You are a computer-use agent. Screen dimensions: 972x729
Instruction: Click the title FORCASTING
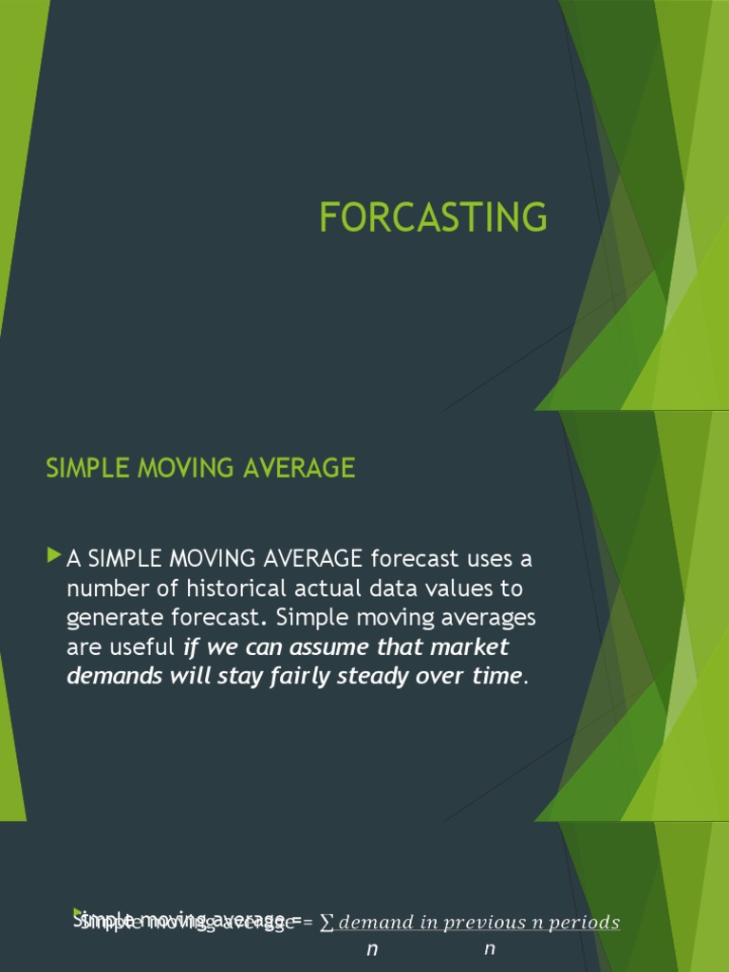433,217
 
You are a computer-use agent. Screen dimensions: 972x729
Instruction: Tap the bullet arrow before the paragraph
53,553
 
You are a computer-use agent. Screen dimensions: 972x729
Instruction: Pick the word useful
141,647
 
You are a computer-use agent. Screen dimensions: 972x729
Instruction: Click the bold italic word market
469,647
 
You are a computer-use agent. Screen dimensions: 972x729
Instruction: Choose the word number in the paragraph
102,588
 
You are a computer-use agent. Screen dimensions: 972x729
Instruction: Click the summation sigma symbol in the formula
327,923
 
